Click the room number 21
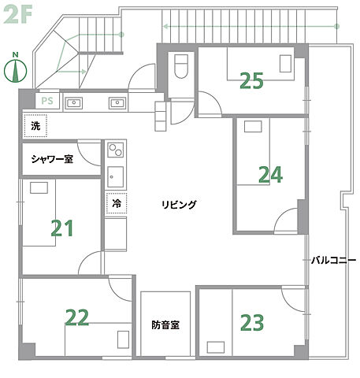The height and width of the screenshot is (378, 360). [62, 228]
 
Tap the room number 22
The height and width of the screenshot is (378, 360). [76, 317]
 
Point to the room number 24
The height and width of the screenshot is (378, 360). [270, 174]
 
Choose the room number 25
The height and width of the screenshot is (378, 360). [251, 80]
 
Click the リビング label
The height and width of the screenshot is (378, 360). [179, 205]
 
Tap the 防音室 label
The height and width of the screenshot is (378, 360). [165, 324]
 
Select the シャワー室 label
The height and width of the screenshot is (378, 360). [52, 159]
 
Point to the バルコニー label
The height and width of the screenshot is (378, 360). [333, 259]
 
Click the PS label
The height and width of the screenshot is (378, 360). [47, 101]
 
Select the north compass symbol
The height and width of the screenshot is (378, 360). [15, 69]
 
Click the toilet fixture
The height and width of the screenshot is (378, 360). [180, 66]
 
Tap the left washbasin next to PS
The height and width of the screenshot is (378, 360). [76, 102]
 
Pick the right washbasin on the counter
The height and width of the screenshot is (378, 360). [117, 102]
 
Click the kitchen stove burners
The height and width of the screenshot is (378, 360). [115, 149]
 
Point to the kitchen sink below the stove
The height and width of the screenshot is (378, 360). [115, 176]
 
